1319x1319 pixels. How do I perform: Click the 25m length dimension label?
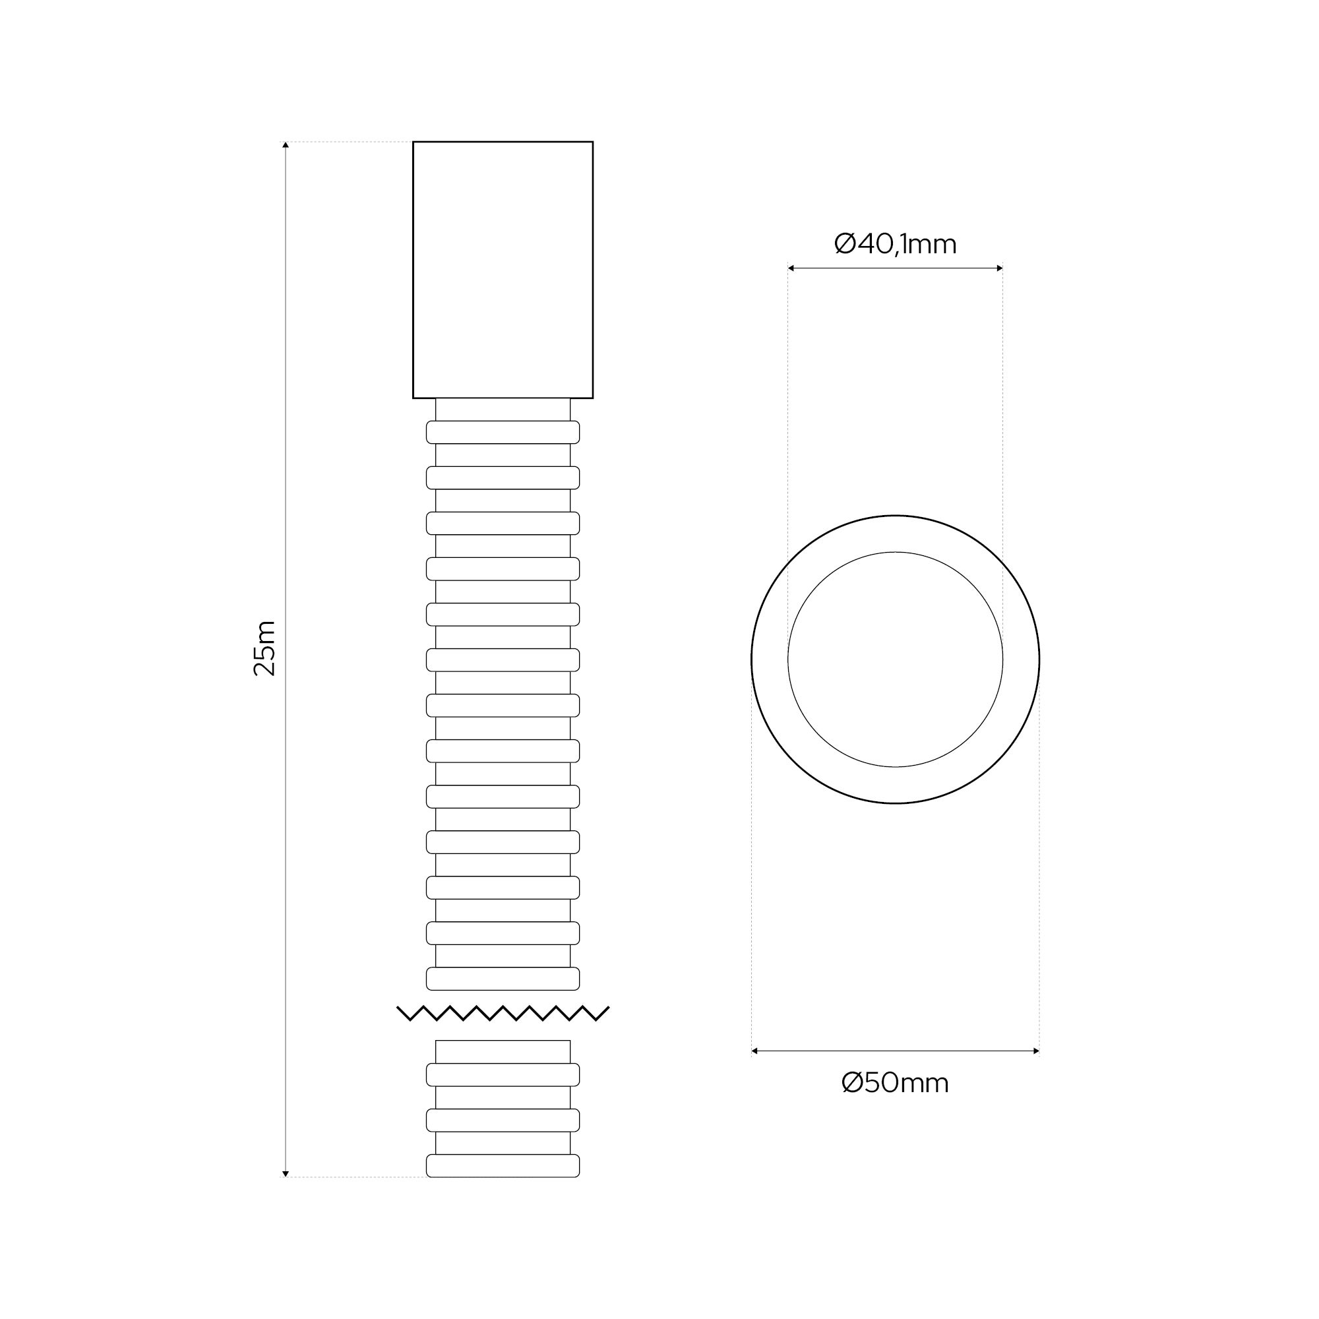(x=264, y=648)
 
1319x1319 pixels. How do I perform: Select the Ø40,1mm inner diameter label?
(x=895, y=244)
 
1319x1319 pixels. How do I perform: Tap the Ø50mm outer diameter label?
(x=895, y=1083)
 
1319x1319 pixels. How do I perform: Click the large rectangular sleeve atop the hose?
(x=503, y=269)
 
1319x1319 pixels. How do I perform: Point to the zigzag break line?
(x=503, y=1013)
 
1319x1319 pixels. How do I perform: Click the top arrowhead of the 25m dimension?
(x=286, y=144)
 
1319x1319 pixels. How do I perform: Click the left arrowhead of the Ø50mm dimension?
(x=755, y=1051)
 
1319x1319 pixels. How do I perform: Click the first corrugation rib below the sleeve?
(x=503, y=432)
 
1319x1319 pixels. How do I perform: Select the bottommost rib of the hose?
(x=503, y=1165)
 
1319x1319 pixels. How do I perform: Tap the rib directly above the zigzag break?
(x=503, y=978)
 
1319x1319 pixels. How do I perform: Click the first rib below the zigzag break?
(x=503, y=1074)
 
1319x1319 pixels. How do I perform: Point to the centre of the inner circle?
(x=895, y=659)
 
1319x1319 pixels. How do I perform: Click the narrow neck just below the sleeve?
(x=503, y=409)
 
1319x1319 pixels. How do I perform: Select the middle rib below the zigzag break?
(x=503, y=1120)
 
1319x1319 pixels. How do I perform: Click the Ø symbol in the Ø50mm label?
(x=853, y=1083)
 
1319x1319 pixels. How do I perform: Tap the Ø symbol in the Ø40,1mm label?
(x=845, y=244)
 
